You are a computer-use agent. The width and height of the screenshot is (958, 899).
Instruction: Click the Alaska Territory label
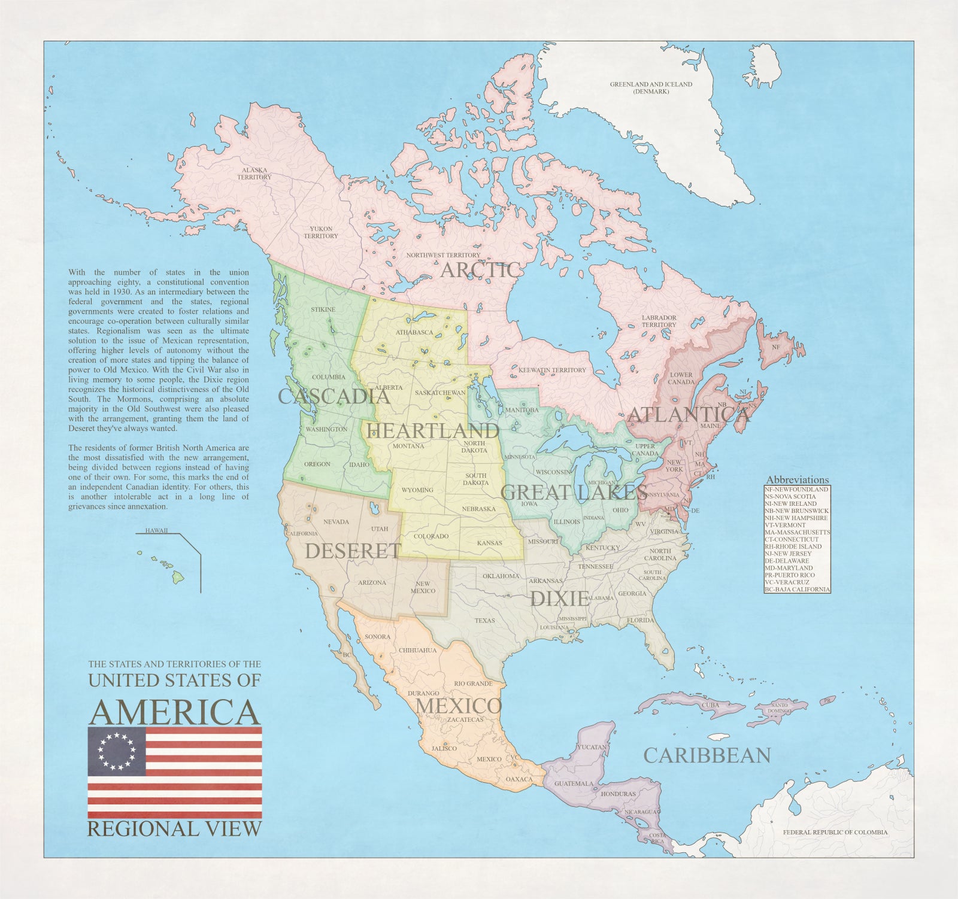pyautogui.click(x=254, y=174)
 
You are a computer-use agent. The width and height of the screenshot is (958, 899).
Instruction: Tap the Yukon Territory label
pyautogui.click(x=321, y=232)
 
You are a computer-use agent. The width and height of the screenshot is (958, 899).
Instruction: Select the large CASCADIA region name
pyautogui.click(x=334, y=396)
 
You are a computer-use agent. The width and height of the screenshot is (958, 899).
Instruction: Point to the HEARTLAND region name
pyautogui.click(x=433, y=430)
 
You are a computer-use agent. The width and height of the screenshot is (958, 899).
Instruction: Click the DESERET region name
pyautogui.click(x=353, y=551)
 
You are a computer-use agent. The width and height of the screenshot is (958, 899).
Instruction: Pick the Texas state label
pyautogui.click(x=485, y=621)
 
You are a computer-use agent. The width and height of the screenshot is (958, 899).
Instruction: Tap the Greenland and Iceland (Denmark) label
pyautogui.click(x=651, y=87)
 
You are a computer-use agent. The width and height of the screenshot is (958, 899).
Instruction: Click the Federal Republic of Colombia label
pyautogui.click(x=835, y=832)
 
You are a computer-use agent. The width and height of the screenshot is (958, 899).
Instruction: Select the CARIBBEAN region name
pyautogui.click(x=707, y=755)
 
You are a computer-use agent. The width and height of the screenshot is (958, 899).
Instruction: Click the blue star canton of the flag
pyautogui.click(x=117, y=752)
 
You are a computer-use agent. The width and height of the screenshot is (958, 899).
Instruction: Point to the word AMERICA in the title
pyautogui.click(x=175, y=712)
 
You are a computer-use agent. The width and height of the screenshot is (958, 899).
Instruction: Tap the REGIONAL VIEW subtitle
pyautogui.click(x=175, y=829)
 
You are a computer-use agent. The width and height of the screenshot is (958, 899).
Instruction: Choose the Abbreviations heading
pyautogui.click(x=798, y=480)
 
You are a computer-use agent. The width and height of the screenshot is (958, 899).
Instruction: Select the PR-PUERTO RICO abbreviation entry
pyautogui.click(x=789, y=575)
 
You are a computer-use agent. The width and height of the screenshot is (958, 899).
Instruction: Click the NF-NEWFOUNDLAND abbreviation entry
pyautogui.click(x=796, y=489)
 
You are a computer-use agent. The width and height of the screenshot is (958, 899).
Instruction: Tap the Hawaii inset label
pyautogui.click(x=156, y=531)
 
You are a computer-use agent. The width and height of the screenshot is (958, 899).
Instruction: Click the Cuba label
pyautogui.click(x=710, y=705)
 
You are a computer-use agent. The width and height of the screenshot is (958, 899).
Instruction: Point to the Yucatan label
pyautogui.click(x=592, y=747)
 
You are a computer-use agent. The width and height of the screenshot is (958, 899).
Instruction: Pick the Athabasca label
pyautogui.click(x=414, y=332)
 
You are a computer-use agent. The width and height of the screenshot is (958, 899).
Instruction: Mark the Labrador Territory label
pyautogui.click(x=659, y=321)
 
